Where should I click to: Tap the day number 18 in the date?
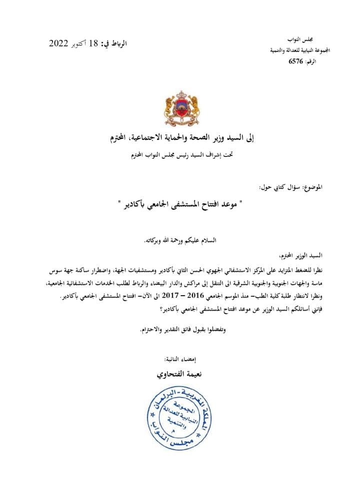pos(93,43)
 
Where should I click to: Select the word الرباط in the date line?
pos(118,43)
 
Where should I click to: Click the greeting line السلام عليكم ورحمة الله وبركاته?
pos(179,240)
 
